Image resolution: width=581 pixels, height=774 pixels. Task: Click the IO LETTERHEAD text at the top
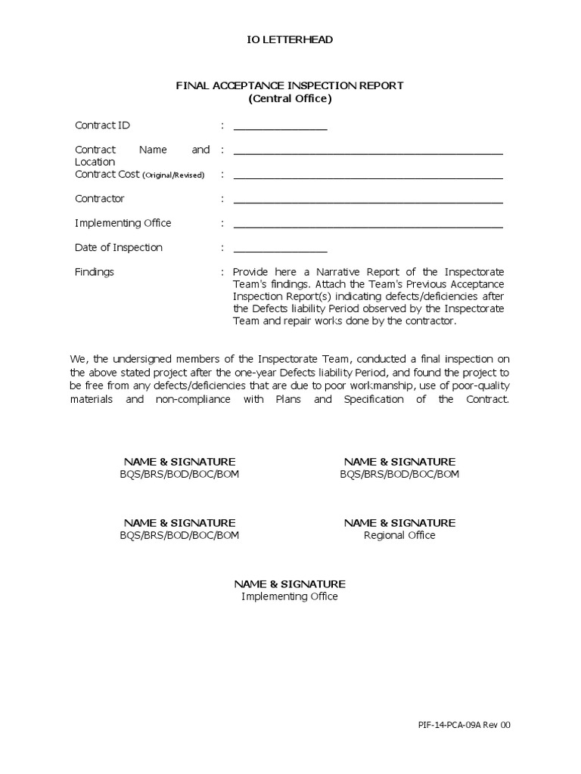(x=290, y=39)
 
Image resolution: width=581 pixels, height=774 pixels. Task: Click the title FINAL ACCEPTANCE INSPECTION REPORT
(x=290, y=85)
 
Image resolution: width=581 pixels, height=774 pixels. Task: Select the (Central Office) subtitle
(x=290, y=98)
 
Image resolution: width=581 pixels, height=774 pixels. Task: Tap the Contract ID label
(x=102, y=125)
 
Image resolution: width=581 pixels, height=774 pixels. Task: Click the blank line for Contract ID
(x=280, y=127)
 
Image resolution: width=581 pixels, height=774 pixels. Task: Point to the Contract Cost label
(x=107, y=174)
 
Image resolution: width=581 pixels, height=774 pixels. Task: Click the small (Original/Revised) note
(x=173, y=175)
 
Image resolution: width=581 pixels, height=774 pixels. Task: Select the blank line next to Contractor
(x=368, y=200)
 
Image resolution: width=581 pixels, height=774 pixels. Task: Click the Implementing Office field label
(x=123, y=223)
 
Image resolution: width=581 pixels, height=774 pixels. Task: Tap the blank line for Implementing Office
(x=368, y=224)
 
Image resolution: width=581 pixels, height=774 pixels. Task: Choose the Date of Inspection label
(x=118, y=247)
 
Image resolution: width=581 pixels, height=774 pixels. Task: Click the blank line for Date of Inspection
(x=280, y=249)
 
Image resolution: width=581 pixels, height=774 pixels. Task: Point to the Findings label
(x=94, y=271)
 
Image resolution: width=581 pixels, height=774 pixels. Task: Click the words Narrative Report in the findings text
(x=354, y=271)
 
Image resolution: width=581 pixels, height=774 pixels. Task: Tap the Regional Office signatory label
(x=399, y=535)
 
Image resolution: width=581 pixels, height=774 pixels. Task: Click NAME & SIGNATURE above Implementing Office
(x=290, y=584)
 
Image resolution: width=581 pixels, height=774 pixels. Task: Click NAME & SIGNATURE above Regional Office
(x=399, y=522)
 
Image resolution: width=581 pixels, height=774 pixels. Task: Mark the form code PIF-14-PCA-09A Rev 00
(x=464, y=725)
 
